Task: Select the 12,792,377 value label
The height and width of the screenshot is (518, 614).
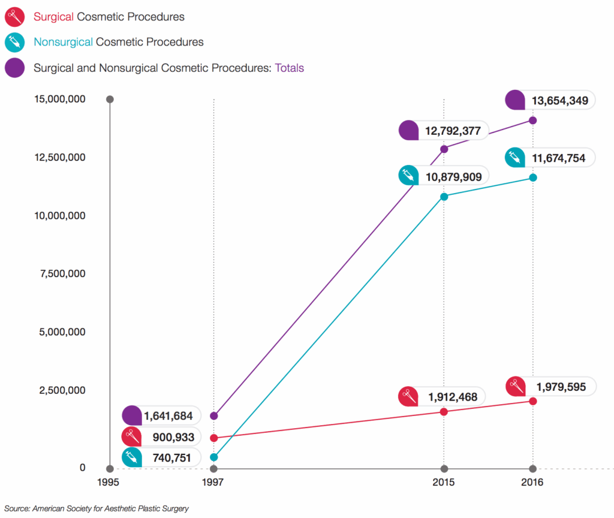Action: (x=455, y=131)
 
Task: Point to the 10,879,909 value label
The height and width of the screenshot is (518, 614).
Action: (x=455, y=176)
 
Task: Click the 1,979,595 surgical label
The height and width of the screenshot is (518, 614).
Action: (x=561, y=387)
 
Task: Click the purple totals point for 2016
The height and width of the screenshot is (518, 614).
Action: (x=532, y=121)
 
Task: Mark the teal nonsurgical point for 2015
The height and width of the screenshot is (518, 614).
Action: (x=444, y=197)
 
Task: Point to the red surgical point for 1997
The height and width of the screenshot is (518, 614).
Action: (x=214, y=438)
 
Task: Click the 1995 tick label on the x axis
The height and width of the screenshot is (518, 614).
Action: (x=109, y=483)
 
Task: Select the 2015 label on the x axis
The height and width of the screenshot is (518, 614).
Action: (x=444, y=483)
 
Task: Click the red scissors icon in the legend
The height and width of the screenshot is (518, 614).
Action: (x=14, y=17)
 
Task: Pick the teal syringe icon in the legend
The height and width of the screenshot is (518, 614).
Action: (x=14, y=42)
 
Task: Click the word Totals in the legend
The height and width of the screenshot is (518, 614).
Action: (x=289, y=68)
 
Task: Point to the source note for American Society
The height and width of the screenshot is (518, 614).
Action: (x=97, y=508)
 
